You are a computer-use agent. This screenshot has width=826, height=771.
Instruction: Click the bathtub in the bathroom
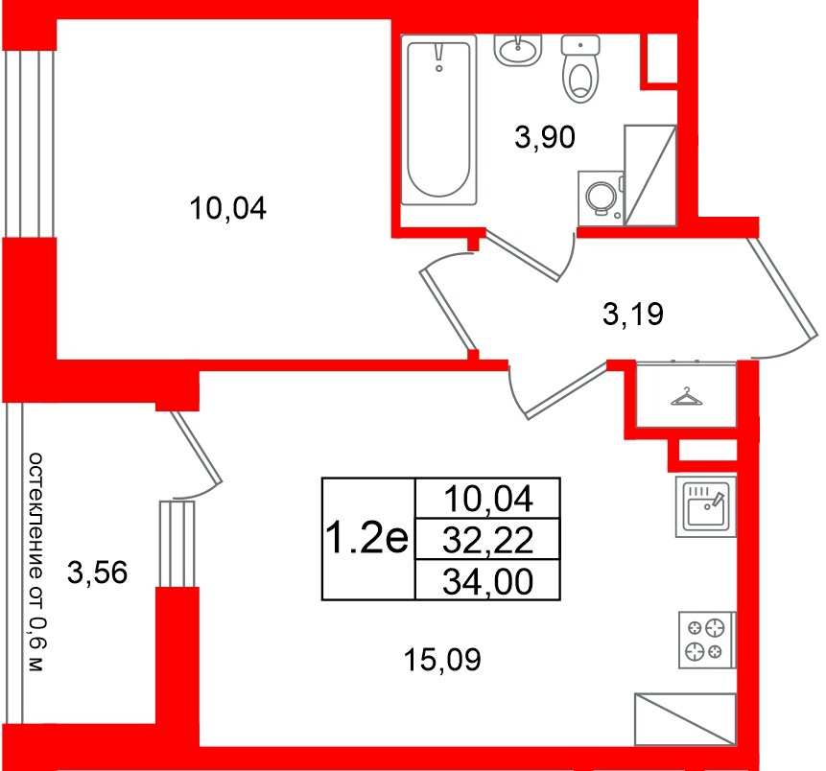(x=439, y=120)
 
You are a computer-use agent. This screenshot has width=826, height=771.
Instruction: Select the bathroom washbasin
(x=519, y=50)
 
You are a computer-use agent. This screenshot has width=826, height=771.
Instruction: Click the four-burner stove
(x=706, y=641)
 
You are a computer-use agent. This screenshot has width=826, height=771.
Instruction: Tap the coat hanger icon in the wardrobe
(x=686, y=396)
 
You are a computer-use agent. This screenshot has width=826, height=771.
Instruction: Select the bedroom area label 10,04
(x=226, y=208)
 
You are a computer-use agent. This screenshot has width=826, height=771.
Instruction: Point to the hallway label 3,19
(x=633, y=314)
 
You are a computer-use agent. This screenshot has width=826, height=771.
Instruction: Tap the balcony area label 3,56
(x=98, y=574)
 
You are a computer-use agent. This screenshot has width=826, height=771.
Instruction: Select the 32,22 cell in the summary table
(x=487, y=541)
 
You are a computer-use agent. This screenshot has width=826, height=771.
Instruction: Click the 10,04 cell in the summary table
(x=487, y=499)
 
